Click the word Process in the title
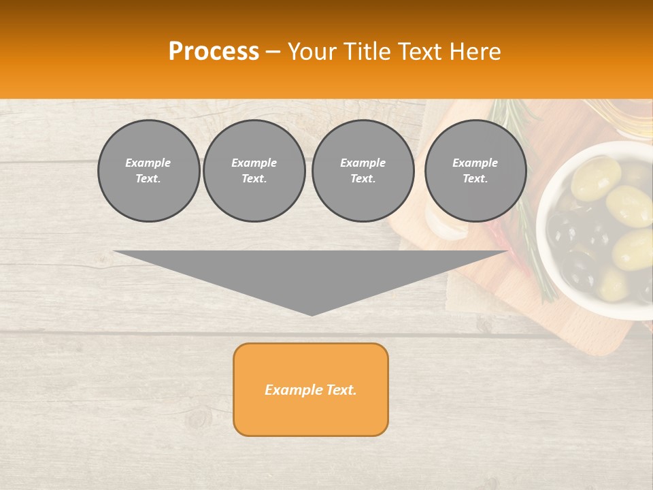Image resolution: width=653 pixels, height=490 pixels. coord(214,52)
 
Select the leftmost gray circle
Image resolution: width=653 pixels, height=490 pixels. coord(149,171)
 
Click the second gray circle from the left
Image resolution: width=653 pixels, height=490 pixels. coord(254,171)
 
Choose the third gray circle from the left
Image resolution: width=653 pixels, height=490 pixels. coord(363,171)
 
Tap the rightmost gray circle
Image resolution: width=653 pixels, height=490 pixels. coord(475,171)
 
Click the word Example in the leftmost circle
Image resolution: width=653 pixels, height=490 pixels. coord(148,163)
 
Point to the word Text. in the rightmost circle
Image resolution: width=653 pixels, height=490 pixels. coord(475,179)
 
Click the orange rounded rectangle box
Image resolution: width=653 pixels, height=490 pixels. coord(311,389)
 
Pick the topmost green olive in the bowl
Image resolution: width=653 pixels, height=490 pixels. coord(595,177)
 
